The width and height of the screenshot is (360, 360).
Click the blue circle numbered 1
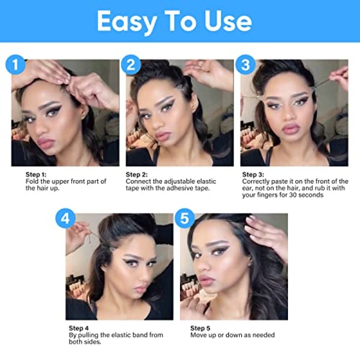15,64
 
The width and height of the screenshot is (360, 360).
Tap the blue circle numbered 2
130,64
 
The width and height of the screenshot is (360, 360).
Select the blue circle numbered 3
245,64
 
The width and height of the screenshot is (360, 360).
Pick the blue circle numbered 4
65,218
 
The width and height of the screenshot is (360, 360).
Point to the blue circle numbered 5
184,218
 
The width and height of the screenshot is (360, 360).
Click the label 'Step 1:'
36,175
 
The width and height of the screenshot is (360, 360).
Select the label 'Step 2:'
137,175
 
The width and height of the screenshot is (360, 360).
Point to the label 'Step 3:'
253,175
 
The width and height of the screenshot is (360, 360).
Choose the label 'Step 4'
78,328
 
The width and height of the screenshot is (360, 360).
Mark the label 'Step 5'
200,328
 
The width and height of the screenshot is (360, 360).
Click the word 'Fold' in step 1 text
32,181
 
